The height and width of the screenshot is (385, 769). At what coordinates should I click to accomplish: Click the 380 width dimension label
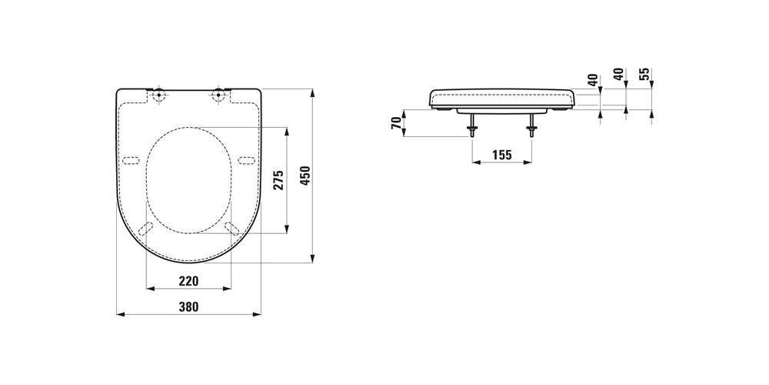189,307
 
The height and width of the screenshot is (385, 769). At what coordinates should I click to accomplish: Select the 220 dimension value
189,281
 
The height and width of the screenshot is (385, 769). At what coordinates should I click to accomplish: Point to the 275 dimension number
279,180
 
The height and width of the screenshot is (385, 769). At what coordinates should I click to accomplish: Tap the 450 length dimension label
305,176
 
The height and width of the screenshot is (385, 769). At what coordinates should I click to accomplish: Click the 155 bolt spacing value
501,156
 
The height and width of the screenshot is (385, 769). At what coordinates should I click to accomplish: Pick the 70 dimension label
396,123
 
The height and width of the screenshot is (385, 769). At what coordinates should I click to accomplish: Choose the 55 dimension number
645,74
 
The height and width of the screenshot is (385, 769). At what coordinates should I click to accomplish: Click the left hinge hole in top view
159,95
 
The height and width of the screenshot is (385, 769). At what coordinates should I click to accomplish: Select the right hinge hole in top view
218,95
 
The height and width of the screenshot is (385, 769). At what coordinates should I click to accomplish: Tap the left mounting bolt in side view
472,125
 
